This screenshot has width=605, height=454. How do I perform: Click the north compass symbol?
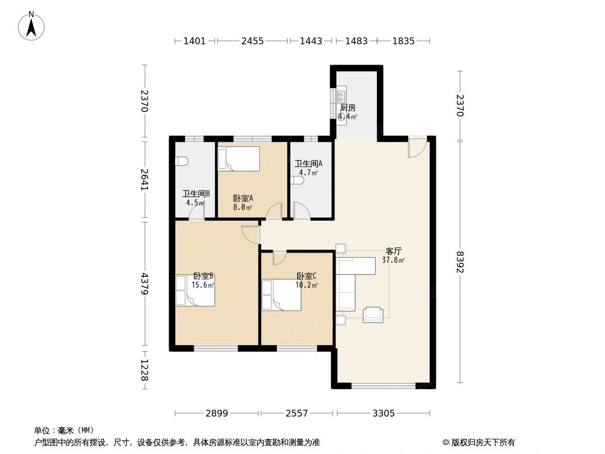click(x=31, y=26)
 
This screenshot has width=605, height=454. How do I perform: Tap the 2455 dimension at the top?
click(x=253, y=41)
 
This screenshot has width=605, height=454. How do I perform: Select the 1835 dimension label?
click(x=403, y=41)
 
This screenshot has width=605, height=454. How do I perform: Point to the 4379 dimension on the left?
click(x=145, y=284)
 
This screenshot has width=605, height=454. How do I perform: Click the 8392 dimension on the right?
click(x=459, y=262)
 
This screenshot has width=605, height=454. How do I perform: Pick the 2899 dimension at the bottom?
click(x=216, y=414)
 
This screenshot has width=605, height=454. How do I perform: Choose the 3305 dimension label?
click(x=384, y=414)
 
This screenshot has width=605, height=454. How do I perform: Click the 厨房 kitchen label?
click(x=348, y=108)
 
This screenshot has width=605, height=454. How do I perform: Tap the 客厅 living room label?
click(x=393, y=251)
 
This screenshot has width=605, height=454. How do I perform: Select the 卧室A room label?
click(x=243, y=198)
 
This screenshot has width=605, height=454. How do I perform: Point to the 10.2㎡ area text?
click(x=306, y=285)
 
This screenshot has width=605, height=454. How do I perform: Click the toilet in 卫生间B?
click(x=182, y=161)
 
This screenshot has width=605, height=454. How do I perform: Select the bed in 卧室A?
click(x=239, y=158)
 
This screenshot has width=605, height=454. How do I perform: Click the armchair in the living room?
click(x=373, y=314)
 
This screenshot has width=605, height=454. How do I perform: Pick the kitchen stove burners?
click(x=341, y=94)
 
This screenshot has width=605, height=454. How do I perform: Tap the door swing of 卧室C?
click(x=279, y=258)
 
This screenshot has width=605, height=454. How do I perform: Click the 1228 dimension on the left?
click(x=145, y=370)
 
